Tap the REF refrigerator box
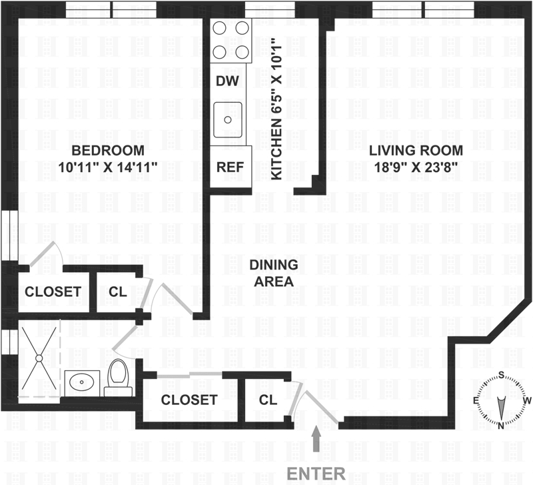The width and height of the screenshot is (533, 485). coord(231,167)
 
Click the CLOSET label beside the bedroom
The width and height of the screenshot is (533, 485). coord(53,292)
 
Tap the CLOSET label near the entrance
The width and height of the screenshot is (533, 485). coord(189,400)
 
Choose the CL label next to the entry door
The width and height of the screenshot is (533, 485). coord(268,400)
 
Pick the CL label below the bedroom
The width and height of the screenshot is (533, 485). coord(118,292)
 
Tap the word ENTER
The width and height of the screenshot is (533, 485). coord(316,474)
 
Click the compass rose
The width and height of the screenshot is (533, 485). coord(500,400)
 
